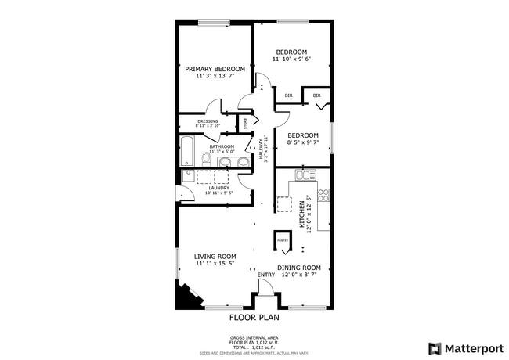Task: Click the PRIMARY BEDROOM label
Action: [215, 69]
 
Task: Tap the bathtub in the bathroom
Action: [188, 151]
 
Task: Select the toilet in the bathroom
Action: [207, 159]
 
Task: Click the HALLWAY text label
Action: [261, 149]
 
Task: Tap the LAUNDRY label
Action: [218, 188]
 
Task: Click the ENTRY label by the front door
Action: [266, 275]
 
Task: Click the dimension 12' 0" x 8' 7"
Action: [301, 275]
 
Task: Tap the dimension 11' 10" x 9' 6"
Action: [292, 59]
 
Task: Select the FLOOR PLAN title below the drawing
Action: [254, 318]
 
